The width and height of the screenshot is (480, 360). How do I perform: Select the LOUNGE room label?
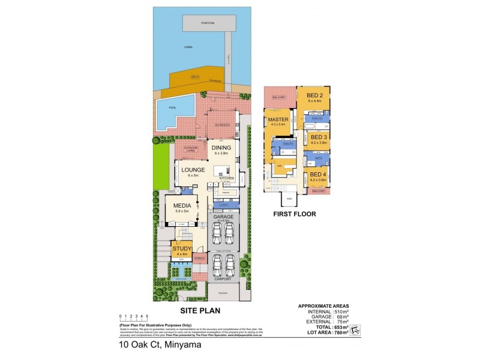pos(193,170)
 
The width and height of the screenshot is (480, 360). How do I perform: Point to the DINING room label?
pos(221,147)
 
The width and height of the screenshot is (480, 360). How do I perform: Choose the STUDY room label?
pos(182,248)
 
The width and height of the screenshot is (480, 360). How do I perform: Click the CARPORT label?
pos(223,279)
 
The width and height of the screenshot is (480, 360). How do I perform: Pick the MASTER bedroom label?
pos(278,119)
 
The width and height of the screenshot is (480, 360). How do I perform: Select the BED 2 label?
pos(315,95)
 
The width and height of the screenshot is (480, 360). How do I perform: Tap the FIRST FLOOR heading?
pos(294,214)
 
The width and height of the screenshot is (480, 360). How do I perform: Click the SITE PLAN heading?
pos(200,311)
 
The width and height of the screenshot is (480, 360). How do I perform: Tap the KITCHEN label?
pos(226,178)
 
